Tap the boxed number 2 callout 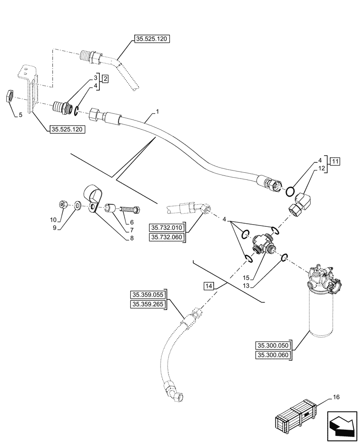(x=105, y=78)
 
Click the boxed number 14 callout (x=209, y=286)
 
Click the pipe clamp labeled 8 (x=93, y=198)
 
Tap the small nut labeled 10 (x=63, y=205)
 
